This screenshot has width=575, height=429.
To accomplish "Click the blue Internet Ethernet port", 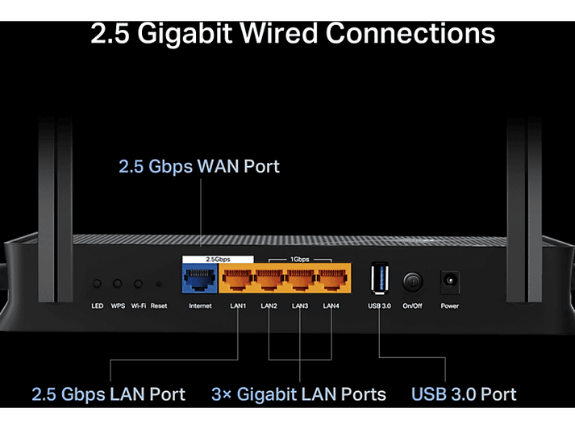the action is pyautogui.click(x=200, y=278).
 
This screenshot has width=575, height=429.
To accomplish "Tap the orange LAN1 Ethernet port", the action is pyautogui.click(x=238, y=279).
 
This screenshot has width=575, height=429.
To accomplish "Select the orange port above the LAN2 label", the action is pyautogui.click(x=269, y=279).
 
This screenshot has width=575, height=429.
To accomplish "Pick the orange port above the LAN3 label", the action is pyautogui.click(x=300, y=279).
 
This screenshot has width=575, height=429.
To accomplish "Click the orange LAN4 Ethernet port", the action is pyautogui.click(x=331, y=279).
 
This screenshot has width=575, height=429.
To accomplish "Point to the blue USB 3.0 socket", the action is pyautogui.click(x=380, y=278).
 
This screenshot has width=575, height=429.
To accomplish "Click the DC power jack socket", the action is pyautogui.click(x=449, y=281).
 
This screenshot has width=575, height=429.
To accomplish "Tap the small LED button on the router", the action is pyautogui.click(x=97, y=283).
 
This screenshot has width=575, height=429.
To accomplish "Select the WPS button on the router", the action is pyautogui.click(x=118, y=283).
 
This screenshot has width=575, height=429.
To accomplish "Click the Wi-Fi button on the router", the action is pyautogui.click(x=138, y=284).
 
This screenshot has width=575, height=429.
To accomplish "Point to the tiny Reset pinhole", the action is pyautogui.click(x=159, y=284).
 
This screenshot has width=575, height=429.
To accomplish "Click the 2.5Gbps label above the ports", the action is pyautogui.click(x=218, y=259).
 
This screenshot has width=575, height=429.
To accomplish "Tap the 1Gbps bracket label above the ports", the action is pyautogui.click(x=300, y=259).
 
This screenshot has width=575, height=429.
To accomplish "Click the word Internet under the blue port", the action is pyautogui.click(x=200, y=306).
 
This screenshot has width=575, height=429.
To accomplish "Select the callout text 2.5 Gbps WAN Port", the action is pyautogui.click(x=199, y=167).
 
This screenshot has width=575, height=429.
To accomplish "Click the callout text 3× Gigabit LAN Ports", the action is pyautogui.click(x=298, y=394).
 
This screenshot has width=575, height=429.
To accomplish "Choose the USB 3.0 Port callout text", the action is pyautogui.click(x=464, y=394).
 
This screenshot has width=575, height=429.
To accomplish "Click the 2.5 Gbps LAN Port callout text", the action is pyautogui.click(x=109, y=394).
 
